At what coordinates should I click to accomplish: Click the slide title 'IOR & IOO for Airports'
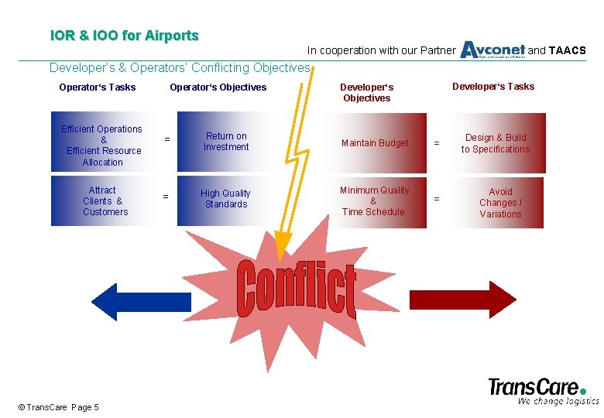tap(124, 36)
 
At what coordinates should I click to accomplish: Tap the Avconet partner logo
tap(492, 50)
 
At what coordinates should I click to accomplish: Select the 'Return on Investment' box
tap(226, 142)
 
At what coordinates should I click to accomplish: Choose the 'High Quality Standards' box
tap(226, 200)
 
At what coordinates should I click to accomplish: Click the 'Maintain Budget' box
tap(375, 143)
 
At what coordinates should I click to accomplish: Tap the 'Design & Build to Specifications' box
tap(496, 143)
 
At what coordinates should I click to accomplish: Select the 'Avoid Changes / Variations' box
tap(500, 203)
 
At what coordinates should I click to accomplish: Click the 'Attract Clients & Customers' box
tap(104, 201)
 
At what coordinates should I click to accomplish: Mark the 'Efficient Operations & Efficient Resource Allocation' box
tap(103, 146)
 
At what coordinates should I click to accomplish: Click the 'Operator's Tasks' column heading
tap(98, 87)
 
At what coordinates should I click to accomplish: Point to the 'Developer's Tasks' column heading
tap(493, 87)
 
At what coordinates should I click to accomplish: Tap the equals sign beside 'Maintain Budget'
tap(436, 143)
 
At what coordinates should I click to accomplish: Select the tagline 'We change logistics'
tap(558, 401)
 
